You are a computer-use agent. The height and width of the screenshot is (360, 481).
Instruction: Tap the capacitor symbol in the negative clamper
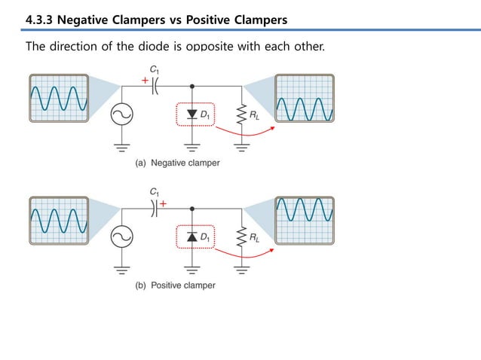(x=155, y=85)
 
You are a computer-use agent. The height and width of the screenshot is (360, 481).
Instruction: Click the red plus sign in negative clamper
(x=145, y=78)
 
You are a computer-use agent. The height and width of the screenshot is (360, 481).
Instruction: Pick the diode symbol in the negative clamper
(x=191, y=114)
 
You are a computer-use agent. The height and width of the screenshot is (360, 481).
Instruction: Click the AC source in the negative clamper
(x=120, y=114)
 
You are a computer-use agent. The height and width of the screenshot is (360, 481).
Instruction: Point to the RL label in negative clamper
(x=256, y=114)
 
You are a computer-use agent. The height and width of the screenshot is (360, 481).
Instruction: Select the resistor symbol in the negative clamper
(x=241, y=114)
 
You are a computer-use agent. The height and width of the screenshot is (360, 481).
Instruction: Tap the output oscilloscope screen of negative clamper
(x=304, y=99)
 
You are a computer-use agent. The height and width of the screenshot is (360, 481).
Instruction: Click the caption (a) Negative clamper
(x=177, y=163)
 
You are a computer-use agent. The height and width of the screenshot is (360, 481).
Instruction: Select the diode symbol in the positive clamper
(x=191, y=237)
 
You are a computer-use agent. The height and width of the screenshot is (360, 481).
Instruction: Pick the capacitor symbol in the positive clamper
(x=155, y=209)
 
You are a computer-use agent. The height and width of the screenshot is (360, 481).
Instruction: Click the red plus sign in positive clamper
(x=164, y=202)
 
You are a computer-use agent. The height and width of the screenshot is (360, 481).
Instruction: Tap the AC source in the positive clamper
(x=120, y=238)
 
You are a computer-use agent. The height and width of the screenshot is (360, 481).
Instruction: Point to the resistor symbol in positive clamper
(x=241, y=237)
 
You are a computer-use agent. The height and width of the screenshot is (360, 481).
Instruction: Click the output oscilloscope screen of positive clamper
(x=304, y=221)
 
